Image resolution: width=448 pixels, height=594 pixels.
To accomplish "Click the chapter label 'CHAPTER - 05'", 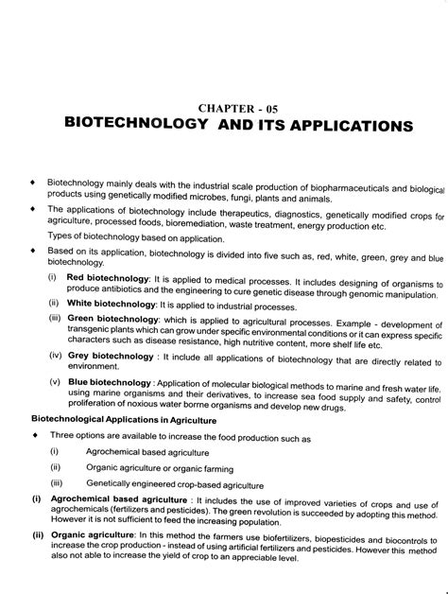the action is pos(250,108).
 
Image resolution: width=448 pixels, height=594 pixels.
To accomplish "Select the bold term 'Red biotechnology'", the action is pos(108,278).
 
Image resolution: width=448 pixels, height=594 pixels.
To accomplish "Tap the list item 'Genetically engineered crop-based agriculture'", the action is pos(170,485).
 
